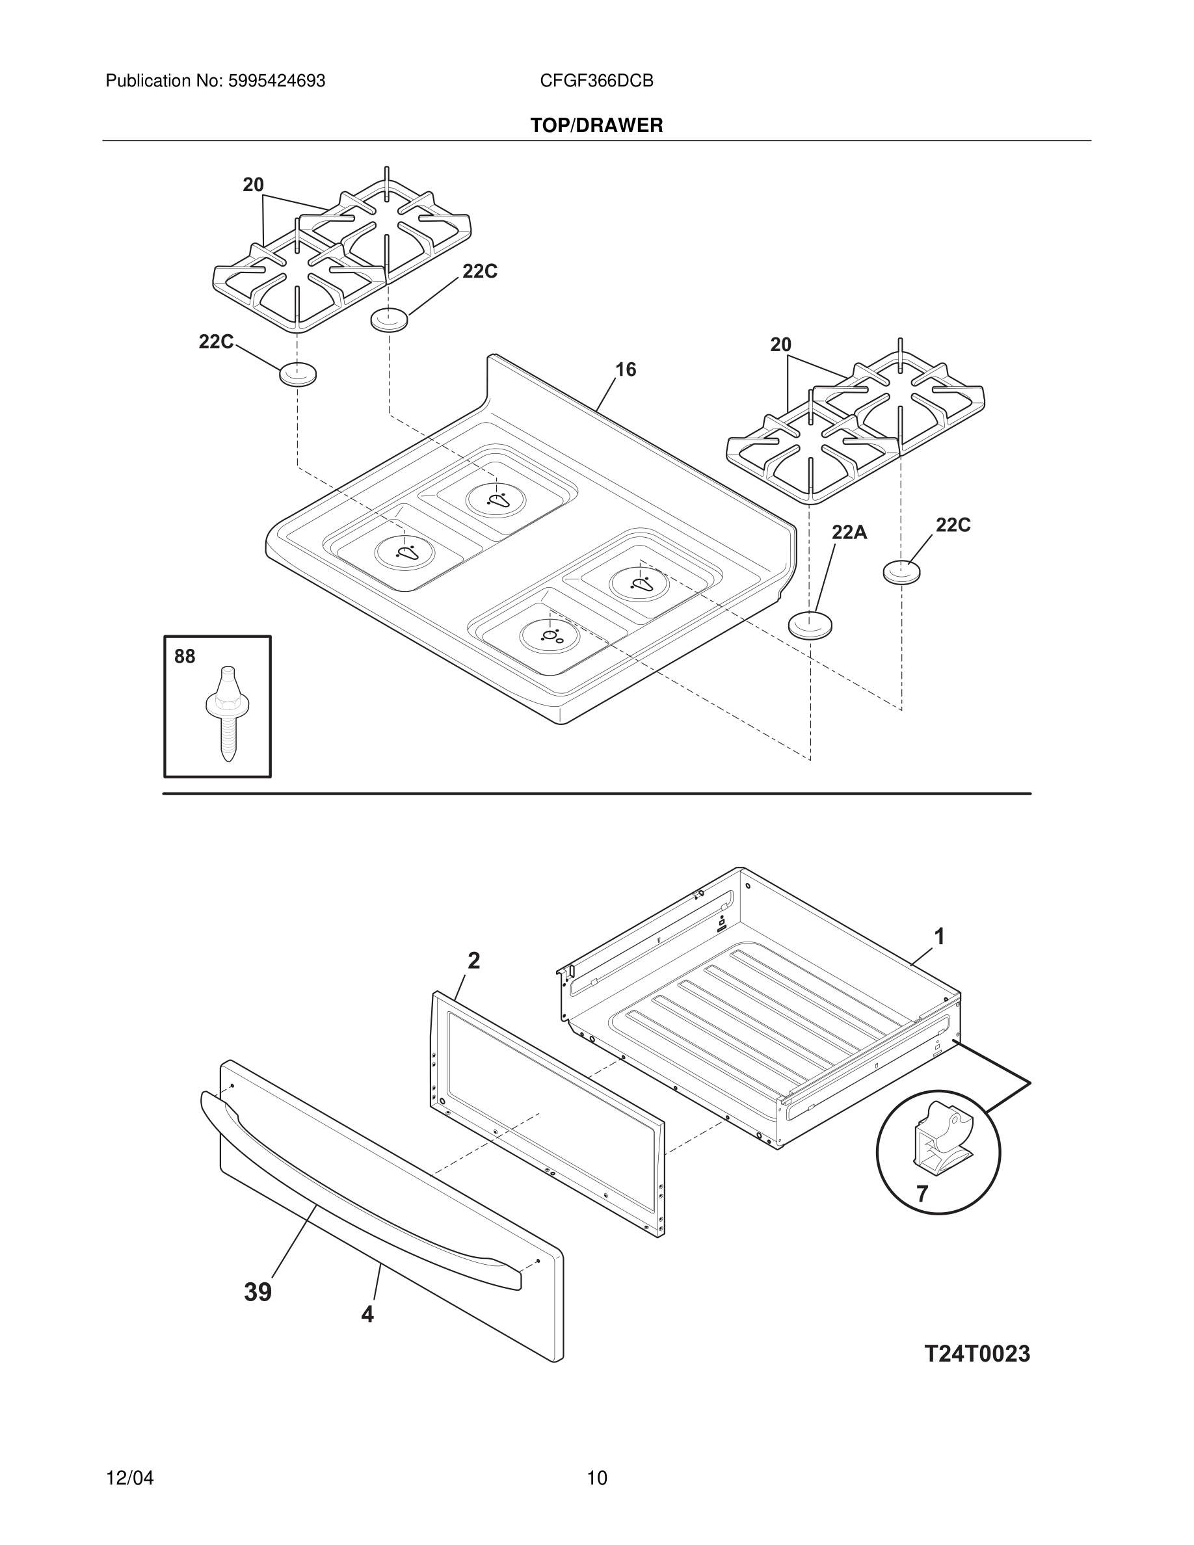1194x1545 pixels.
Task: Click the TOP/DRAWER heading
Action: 596,125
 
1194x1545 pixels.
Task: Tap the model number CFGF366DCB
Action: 596,81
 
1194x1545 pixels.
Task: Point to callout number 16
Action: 626,369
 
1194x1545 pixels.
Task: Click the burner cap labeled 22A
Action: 810,625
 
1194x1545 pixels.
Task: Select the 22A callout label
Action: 849,532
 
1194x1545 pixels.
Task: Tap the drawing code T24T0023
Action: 977,1353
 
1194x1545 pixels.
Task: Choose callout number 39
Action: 258,1292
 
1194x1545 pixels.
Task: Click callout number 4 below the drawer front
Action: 367,1314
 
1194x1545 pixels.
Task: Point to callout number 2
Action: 474,960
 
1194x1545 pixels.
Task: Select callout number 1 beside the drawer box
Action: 939,936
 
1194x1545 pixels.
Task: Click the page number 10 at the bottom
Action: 596,1478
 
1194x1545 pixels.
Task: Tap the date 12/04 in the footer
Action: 129,1478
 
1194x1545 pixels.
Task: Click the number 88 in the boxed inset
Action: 185,657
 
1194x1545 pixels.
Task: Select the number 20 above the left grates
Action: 253,185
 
